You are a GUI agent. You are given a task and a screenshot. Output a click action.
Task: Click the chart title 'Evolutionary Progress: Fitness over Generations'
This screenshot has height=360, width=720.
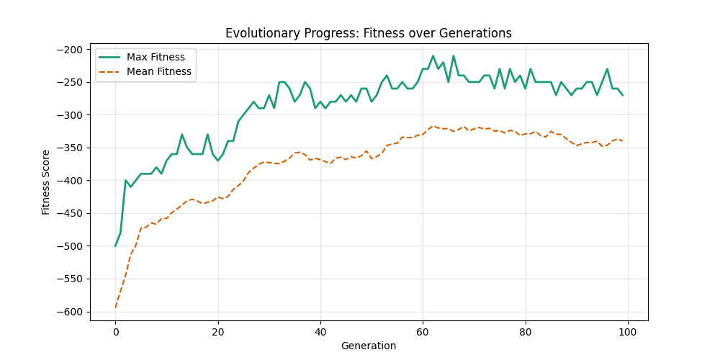369,33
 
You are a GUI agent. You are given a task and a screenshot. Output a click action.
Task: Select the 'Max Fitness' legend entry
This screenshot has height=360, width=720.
156,57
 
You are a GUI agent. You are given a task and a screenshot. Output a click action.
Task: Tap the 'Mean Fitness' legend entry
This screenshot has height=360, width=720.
158,71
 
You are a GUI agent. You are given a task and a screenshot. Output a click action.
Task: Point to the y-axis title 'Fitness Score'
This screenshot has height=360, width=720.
46,182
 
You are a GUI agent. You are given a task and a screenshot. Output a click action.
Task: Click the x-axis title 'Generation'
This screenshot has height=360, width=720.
369,346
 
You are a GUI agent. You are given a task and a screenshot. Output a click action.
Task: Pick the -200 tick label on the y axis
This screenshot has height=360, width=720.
72,49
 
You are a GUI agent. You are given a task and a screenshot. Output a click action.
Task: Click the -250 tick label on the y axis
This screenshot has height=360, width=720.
72,82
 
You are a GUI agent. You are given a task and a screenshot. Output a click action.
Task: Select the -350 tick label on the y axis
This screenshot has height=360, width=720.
72,148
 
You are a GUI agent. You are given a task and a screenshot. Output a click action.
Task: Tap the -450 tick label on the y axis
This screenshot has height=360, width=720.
72,213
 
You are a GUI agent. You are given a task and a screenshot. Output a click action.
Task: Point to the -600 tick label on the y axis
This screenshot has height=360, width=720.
72,312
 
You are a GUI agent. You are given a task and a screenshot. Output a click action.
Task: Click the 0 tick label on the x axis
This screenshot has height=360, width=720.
115,332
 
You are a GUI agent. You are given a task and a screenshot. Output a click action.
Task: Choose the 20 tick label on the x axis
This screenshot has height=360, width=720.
217,332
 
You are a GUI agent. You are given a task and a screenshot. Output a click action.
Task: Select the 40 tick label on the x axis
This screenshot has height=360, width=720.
320,332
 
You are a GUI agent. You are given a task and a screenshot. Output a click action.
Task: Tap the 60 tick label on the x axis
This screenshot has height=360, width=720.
423,332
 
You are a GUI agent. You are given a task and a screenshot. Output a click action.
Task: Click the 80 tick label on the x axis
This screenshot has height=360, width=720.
526,332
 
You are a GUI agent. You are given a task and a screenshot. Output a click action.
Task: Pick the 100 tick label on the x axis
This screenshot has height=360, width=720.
628,332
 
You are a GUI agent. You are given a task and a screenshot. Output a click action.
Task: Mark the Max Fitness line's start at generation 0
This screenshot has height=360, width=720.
115,246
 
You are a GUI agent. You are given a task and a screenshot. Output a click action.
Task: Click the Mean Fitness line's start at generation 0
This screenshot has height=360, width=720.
115,307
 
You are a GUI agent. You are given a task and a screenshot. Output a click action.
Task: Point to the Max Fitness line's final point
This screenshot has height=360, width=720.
623,95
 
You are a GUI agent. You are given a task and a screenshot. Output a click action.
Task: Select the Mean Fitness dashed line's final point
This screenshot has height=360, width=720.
623,141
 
